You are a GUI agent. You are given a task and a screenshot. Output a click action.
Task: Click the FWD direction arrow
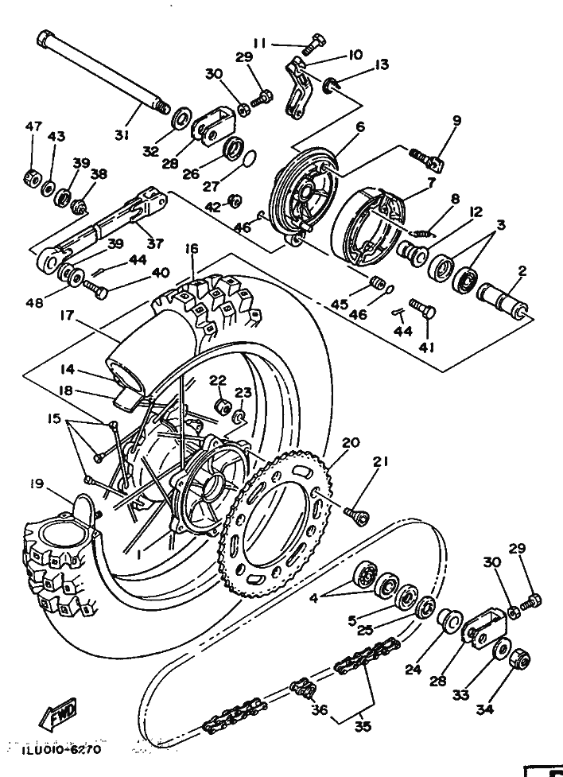(58, 714)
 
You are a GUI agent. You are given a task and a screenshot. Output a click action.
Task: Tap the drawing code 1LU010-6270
(61, 749)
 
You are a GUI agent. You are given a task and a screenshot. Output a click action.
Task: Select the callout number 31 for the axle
(122, 134)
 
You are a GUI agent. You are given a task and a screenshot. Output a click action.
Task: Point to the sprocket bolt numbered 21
(357, 515)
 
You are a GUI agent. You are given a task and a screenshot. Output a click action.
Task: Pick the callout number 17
(67, 315)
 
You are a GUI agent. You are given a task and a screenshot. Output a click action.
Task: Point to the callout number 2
(522, 271)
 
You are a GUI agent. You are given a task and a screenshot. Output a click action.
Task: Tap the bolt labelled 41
(422, 309)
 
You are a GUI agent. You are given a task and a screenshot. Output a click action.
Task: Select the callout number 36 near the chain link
(320, 709)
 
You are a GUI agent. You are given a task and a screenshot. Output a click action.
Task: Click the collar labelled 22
(222, 406)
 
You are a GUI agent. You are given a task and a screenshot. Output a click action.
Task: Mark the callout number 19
(37, 484)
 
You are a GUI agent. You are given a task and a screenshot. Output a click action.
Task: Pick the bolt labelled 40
(95, 289)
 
